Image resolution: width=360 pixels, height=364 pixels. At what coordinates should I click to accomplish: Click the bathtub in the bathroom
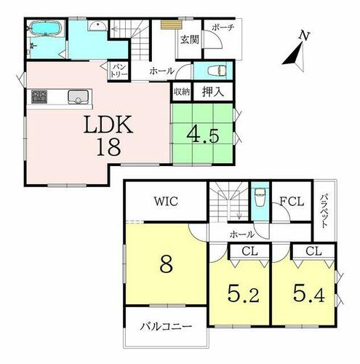pos(45,28)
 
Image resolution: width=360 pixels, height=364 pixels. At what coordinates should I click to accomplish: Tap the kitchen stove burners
pos(39,96)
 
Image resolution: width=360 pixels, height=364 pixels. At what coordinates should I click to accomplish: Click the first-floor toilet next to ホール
pos(217,71)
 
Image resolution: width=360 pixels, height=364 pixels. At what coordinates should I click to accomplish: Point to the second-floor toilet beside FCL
pos(260,197)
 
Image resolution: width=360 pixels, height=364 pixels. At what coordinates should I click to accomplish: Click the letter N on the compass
pos(304,36)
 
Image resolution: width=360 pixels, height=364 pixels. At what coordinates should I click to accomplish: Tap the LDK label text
pos(108,124)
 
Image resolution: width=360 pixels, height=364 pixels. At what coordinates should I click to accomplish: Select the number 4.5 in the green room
pos(203,135)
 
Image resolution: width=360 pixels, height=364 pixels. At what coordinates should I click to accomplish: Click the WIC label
pos(167,201)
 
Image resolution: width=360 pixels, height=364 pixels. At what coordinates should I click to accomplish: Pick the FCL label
pos(292,201)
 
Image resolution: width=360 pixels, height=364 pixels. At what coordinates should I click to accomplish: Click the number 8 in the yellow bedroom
pos(167,264)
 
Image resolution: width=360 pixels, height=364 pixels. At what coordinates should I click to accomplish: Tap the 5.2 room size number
pos(244,293)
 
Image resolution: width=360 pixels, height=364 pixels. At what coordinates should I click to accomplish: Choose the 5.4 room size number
pos(308,293)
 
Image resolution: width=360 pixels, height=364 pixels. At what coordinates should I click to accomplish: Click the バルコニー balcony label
pos(166,327)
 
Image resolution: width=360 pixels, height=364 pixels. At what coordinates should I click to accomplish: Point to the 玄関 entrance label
pos(190,39)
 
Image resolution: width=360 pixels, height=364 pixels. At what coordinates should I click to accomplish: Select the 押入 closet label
pos(213,92)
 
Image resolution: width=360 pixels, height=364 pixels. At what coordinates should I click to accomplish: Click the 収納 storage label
pos(182,92)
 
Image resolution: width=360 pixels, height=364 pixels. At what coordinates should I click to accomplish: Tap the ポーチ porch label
pos(223,27)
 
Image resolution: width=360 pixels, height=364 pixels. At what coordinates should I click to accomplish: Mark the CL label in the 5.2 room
pos(249,251)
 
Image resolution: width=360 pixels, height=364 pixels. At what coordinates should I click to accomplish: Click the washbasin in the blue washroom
pos(97,25)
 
